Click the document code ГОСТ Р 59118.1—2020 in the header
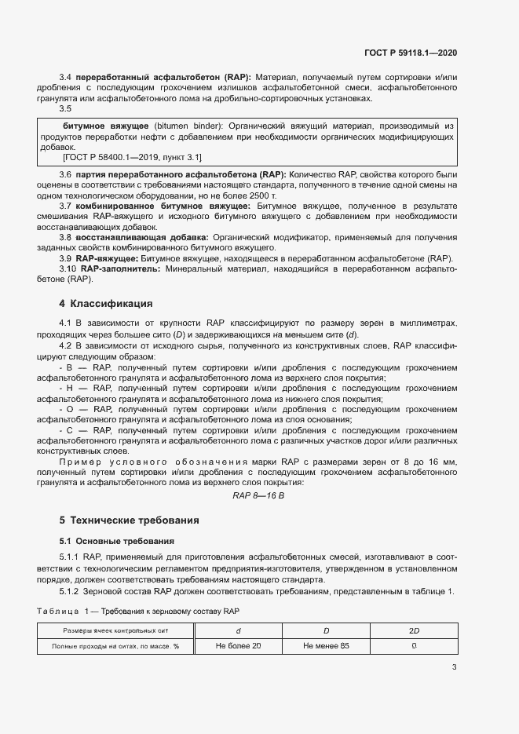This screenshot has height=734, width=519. pos(411,53)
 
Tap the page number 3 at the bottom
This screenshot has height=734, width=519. pos(455,668)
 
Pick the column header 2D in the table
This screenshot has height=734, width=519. pos(414,630)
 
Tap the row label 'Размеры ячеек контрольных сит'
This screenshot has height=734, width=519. pos(115,630)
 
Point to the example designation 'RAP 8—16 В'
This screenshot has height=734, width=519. pos(258,495)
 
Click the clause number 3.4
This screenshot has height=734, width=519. pos(66,77)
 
